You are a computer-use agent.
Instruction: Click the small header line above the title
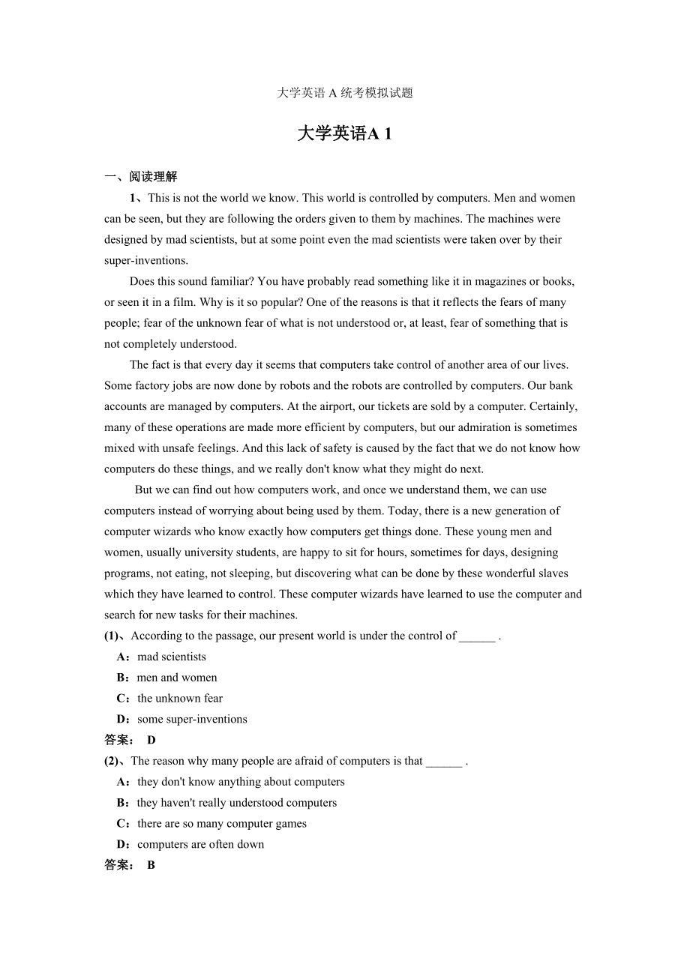pyautogui.click(x=345, y=93)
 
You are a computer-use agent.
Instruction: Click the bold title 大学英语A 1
pyautogui.click(x=345, y=134)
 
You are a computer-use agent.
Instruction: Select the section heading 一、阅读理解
pyautogui.click(x=141, y=177)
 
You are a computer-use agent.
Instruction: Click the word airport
pyautogui.click(x=319, y=407)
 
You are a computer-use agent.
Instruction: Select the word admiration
pyautogui.click(x=493, y=427)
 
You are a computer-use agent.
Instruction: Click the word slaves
pyautogui.click(x=553, y=573)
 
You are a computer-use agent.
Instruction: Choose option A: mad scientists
pyautogui.click(x=171, y=657)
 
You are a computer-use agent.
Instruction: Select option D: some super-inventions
pyautogui.click(x=192, y=720)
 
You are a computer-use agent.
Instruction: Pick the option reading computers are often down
pyautogui.click(x=200, y=845)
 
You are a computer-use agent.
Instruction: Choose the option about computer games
pyautogui.click(x=221, y=824)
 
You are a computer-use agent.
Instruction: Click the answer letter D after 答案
pyautogui.click(x=151, y=741)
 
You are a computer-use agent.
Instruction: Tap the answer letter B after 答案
pyautogui.click(x=151, y=866)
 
